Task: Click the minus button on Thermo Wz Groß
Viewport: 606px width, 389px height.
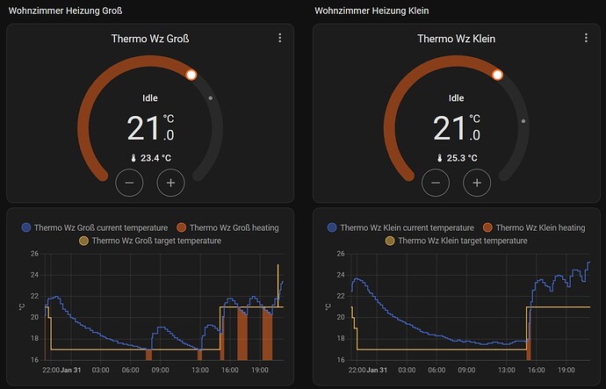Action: (x=128, y=183)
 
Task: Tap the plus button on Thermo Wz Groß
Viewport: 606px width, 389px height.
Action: (x=170, y=183)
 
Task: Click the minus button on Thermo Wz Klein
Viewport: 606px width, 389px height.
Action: (x=435, y=183)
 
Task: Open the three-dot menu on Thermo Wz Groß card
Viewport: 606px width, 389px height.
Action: (x=280, y=38)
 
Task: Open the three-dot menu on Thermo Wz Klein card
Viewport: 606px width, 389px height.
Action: (x=586, y=38)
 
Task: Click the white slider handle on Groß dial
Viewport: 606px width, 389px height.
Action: (x=191, y=75)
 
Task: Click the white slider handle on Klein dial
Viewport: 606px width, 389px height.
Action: (x=497, y=75)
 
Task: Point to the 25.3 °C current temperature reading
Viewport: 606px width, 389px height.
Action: (x=456, y=158)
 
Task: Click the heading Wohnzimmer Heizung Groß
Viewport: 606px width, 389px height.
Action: (x=65, y=11)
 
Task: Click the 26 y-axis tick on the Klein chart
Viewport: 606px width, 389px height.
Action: (x=328, y=255)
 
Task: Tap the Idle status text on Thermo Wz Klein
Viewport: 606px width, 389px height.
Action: (x=456, y=98)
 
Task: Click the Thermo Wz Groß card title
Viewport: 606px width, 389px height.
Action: (x=150, y=39)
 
